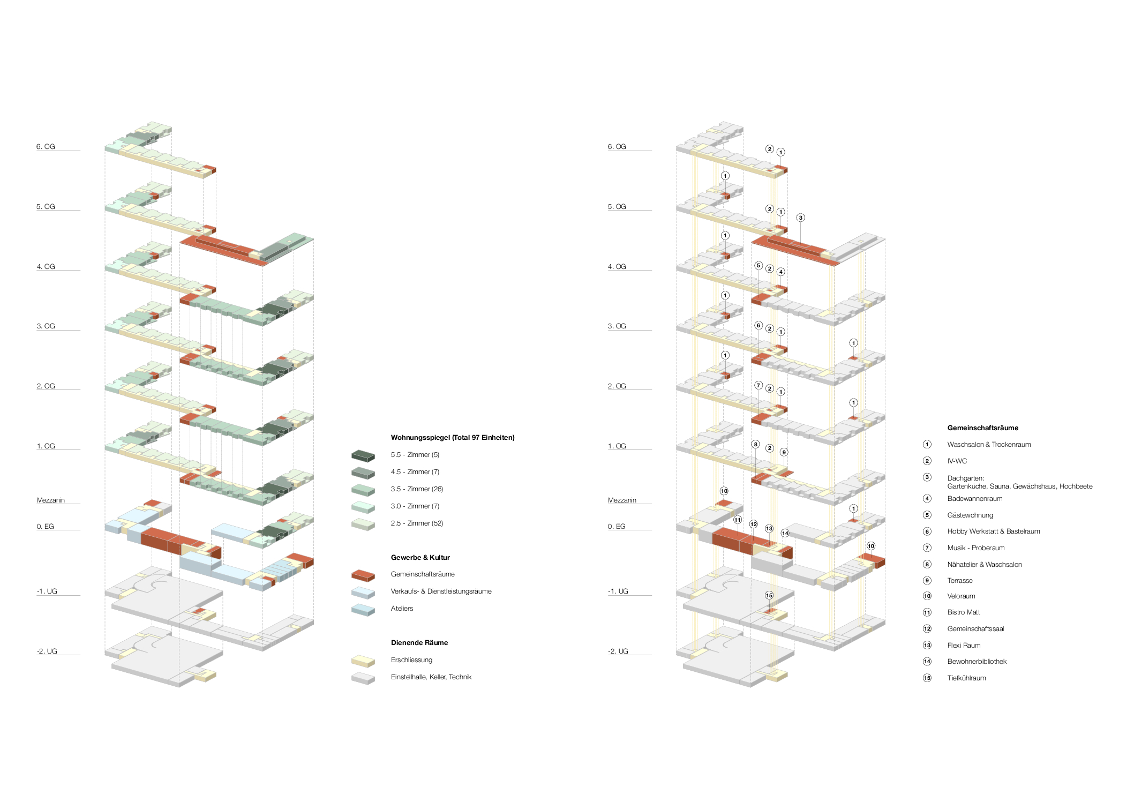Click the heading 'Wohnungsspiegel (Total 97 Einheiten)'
click(452, 437)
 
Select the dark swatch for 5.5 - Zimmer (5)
click(363, 455)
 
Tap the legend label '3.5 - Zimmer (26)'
click(417, 489)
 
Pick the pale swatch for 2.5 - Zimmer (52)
click(363, 524)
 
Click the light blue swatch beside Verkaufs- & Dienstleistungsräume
click(363, 592)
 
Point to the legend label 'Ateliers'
click(402, 608)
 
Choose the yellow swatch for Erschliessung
click(363, 661)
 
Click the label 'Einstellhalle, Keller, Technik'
click(431, 677)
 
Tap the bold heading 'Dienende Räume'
click(419, 642)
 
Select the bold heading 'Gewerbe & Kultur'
click(420, 557)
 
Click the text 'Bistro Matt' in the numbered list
click(963, 612)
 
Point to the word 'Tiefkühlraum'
click(966, 678)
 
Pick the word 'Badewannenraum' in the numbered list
click(974, 498)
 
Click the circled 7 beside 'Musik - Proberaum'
click(927, 548)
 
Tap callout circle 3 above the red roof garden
click(800, 218)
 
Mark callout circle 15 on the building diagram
click(769, 595)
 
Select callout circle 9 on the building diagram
click(784, 452)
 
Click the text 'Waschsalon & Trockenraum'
click(988, 444)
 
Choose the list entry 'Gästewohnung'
click(970, 515)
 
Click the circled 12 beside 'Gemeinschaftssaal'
click(927, 628)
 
